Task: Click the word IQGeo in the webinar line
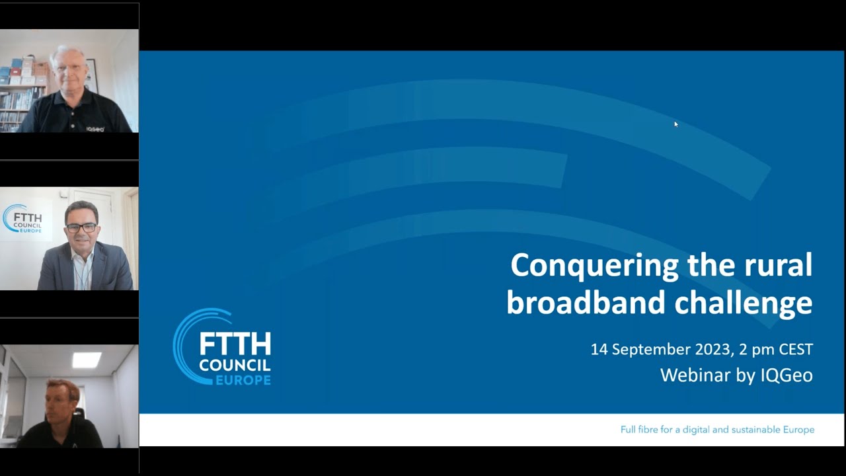(x=787, y=376)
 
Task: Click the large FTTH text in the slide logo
(x=235, y=344)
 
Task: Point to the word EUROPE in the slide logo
(x=243, y=380)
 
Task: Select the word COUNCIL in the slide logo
(x=235, y=365)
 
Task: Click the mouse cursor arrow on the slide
(x=675, y=124)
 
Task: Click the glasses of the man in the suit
(x=82, y=227)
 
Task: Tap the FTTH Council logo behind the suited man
(x=24, y=219)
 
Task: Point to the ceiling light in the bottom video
(x=87, y=359)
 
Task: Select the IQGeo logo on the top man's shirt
(x=95, y=129)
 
